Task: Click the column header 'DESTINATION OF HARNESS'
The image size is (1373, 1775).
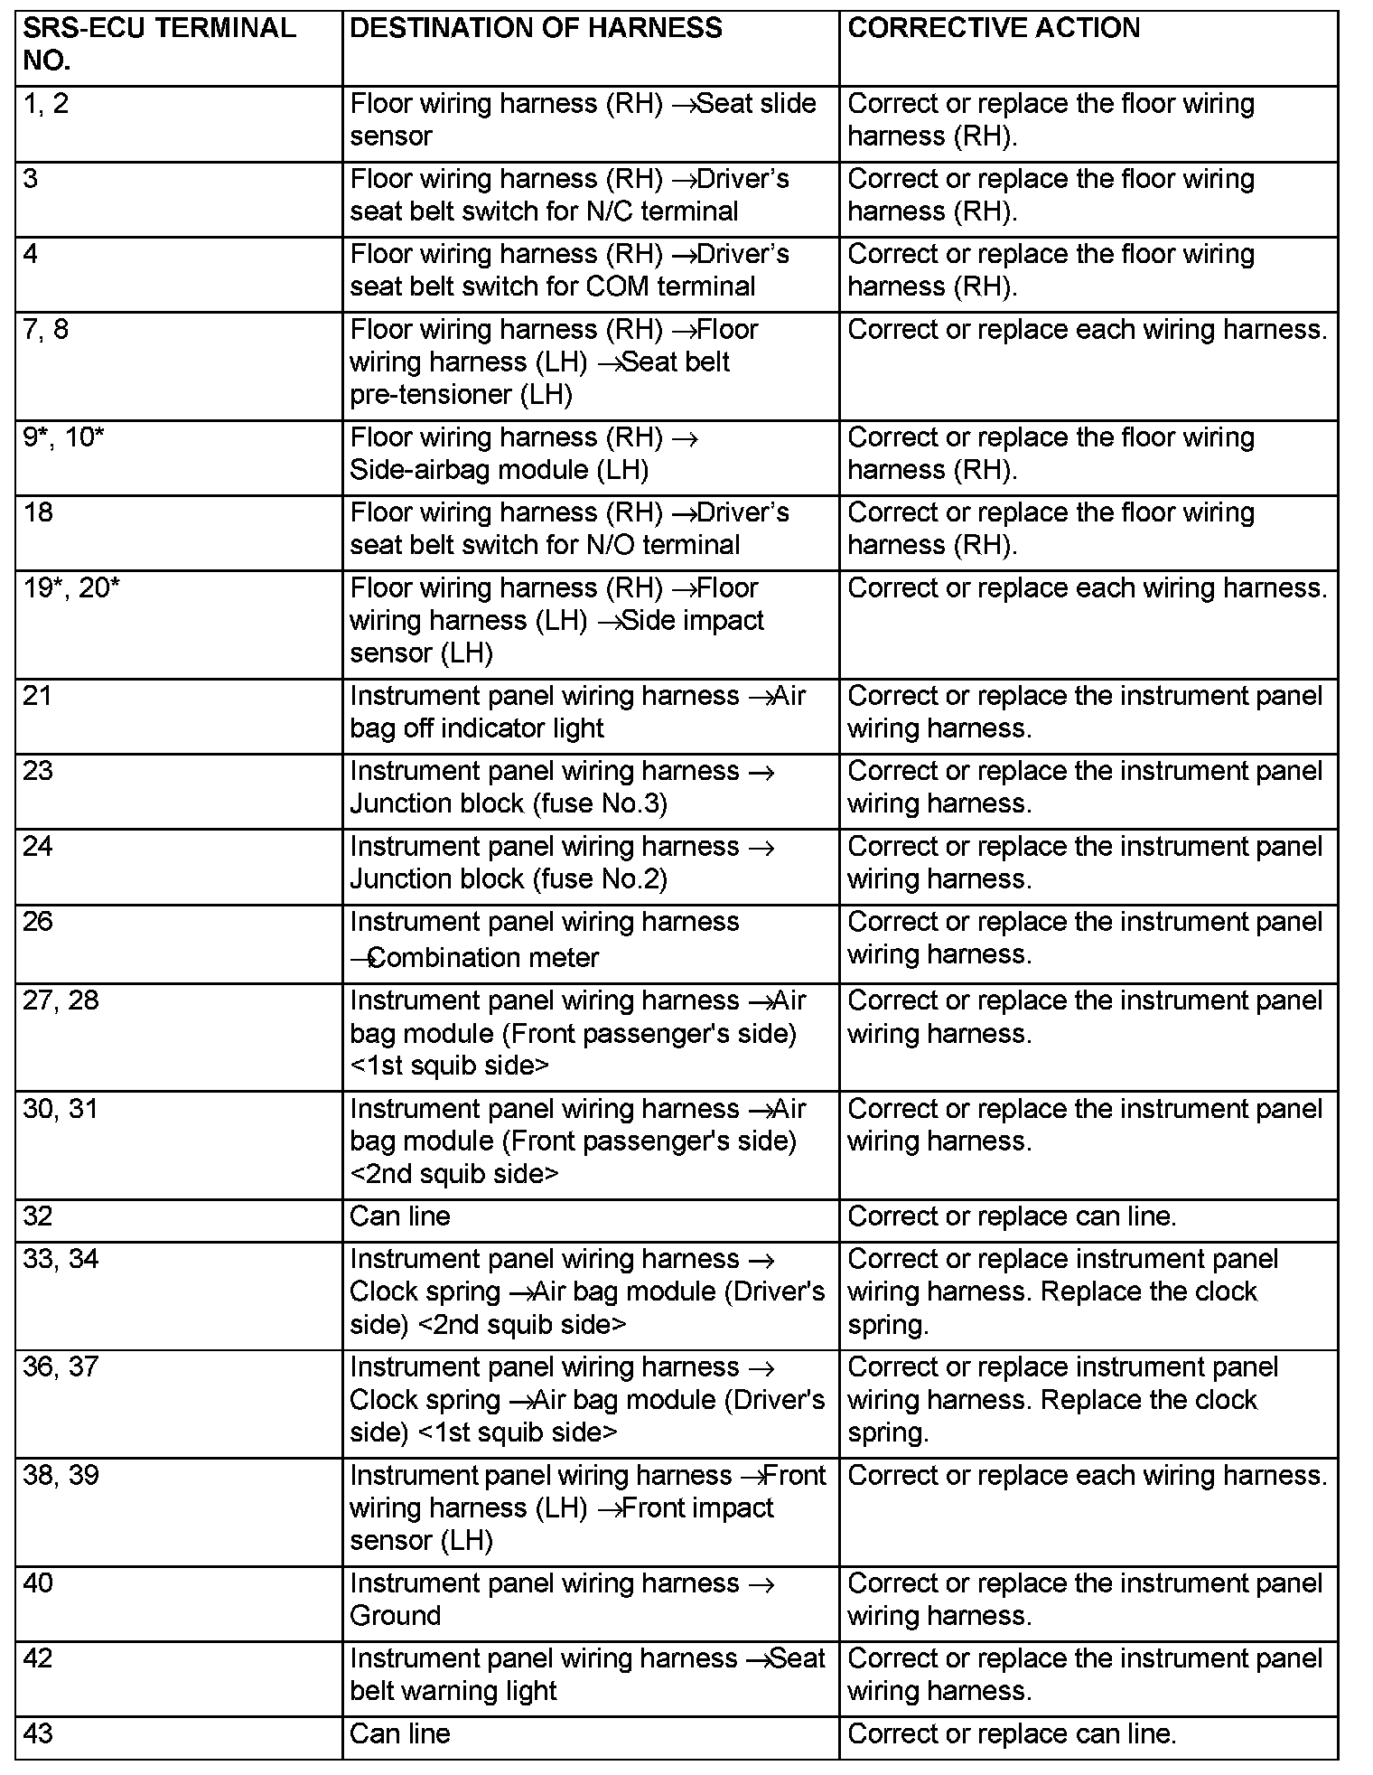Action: (536, 28)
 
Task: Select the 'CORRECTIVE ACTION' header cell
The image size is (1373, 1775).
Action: (994, 28)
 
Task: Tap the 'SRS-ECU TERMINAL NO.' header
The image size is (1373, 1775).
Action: (159, 44)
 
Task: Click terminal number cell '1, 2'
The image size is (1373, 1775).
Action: (46, 104)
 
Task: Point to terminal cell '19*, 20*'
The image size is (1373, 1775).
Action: (71, 588)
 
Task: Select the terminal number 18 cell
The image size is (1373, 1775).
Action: (38, 512)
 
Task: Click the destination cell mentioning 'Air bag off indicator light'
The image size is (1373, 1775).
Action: (578, 712)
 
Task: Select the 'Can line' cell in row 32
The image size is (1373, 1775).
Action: (400, 1216)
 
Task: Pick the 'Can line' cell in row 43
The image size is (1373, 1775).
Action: (400, 1733)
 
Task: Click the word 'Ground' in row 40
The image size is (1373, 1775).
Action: (396, 1616)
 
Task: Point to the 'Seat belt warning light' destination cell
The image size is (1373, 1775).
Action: (587, 1675)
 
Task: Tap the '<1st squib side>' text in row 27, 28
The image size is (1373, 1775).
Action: (449, 1066)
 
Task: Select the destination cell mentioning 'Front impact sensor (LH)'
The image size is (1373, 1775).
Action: (587, 1507)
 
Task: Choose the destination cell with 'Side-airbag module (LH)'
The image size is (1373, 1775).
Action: (524, 454)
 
